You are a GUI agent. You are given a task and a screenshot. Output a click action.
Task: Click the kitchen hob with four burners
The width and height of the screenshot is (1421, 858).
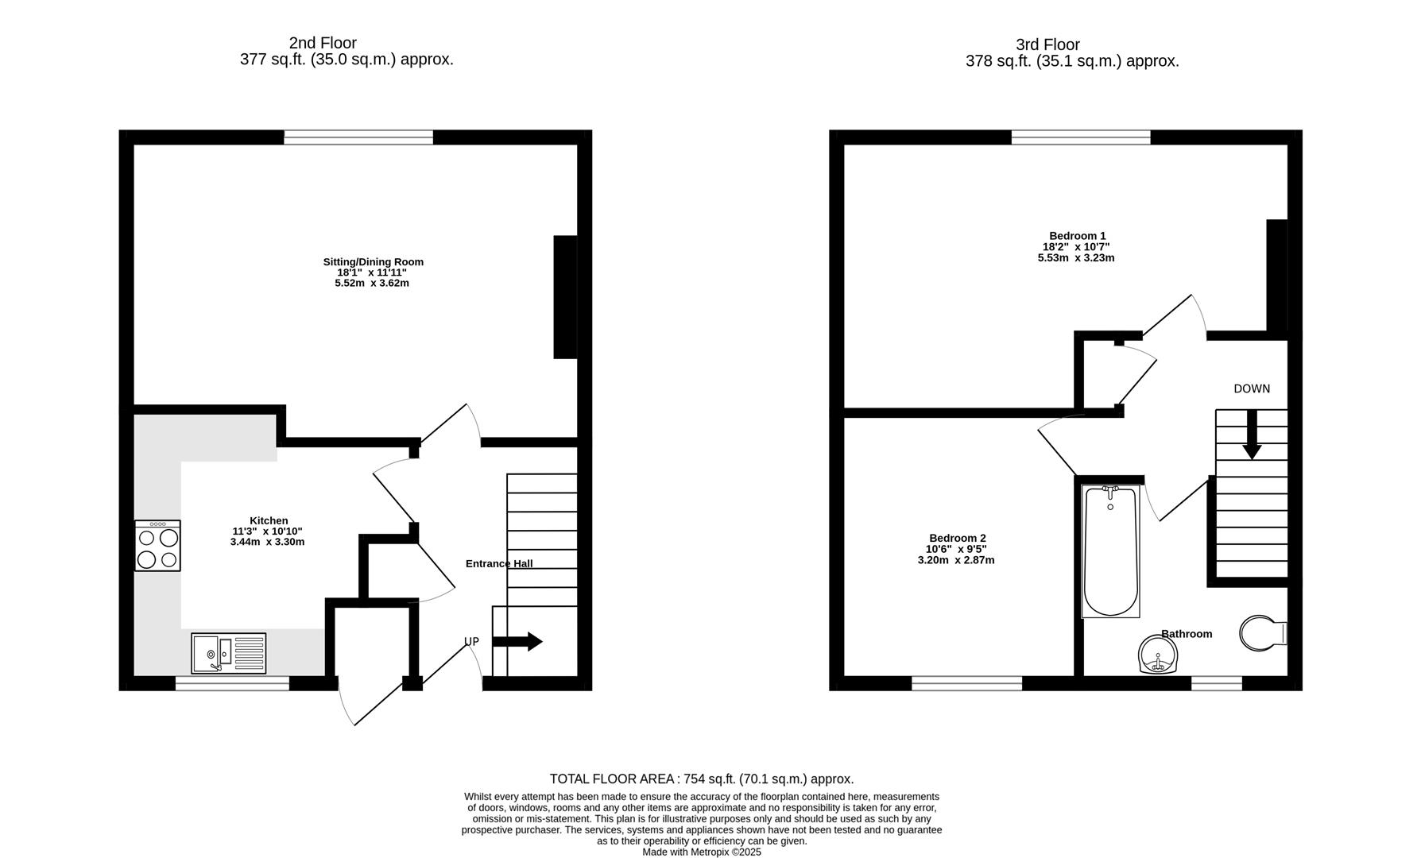coord(157,546)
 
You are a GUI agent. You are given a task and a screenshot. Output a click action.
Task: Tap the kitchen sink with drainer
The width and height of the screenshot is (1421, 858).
coord(228,653)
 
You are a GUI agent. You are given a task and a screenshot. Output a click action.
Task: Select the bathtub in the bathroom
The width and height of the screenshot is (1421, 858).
coord(1110,551)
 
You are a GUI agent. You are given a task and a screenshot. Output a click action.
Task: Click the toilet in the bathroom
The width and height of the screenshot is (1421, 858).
coord(1260,633)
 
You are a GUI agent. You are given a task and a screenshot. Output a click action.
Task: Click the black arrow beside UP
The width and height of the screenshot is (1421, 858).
coord(517,641)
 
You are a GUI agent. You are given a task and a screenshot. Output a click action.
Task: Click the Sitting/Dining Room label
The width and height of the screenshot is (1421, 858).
coord(373,261)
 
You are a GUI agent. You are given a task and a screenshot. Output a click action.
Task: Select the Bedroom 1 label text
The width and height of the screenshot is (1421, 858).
coord(1077,236)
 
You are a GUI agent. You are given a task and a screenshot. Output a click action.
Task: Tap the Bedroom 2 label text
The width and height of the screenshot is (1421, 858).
coord(957,538)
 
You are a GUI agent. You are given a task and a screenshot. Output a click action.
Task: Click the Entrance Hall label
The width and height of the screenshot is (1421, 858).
coord(498,563)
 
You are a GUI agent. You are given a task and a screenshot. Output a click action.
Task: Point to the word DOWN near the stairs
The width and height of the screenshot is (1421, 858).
coord(1251,388)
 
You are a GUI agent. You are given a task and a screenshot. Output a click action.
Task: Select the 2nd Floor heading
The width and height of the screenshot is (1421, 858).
coord(323,43)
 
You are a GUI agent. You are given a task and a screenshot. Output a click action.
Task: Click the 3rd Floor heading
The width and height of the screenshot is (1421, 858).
coord(1047,44)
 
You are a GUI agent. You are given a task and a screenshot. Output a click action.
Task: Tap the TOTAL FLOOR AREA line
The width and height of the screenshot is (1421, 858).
coord(701,779)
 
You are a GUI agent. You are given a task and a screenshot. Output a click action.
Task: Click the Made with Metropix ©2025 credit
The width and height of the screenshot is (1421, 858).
coord(701,852)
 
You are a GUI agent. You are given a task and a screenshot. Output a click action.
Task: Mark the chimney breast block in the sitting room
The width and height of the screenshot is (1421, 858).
coord(565,296)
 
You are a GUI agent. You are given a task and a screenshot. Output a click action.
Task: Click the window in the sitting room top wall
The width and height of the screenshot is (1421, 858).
coord(358,137)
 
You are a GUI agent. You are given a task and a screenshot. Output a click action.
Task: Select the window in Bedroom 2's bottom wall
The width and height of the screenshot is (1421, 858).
coord(966,682)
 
